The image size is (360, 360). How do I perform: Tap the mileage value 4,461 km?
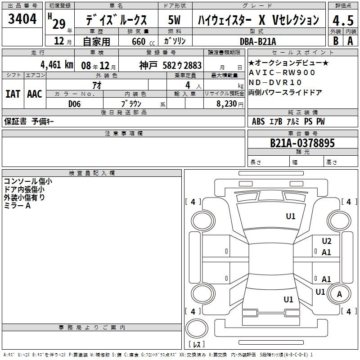pos(57,64)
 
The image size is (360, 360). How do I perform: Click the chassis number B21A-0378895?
pos(302,143)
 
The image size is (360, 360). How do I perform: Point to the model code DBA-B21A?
pos(258,41)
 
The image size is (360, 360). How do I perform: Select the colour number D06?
pos(74,103)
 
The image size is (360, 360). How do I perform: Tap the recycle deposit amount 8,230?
pos(229,103)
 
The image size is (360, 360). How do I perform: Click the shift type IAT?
pos(13,94)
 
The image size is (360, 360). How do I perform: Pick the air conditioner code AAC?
pos(34,94)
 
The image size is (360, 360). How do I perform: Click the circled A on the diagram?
pos(339,294)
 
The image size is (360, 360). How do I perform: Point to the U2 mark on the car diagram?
pos(327,241)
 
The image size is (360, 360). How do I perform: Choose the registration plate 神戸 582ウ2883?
pos(170,65)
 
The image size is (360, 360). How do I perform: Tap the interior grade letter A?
pos(350,41)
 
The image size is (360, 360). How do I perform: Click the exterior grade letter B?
pos(335,41)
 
